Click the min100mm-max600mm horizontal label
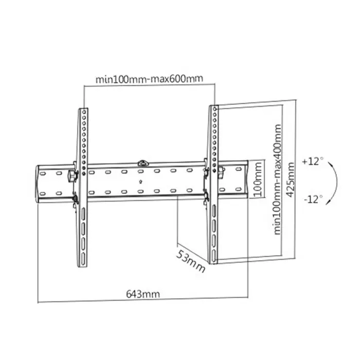(x=149, y=79)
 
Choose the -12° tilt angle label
(x=313, y=199)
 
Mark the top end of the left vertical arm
(x=83, y=110)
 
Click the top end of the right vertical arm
(x=212, y=108)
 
